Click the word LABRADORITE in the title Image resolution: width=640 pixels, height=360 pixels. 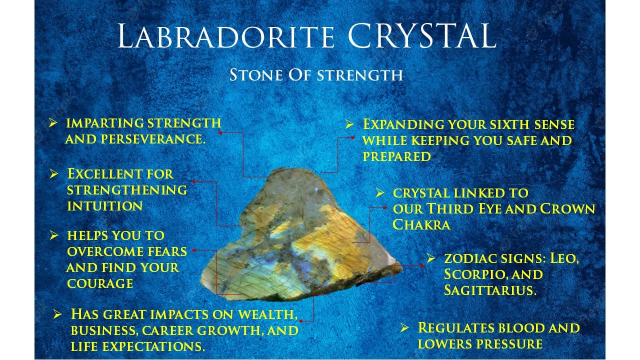[225, 36]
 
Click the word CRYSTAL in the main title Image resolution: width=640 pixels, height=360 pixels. [421, 35]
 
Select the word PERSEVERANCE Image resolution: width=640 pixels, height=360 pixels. [153, 139]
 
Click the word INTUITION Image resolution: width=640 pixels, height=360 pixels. [105, 206]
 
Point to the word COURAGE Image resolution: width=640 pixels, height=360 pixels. [100, 283]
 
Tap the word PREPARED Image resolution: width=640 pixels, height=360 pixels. [396, 156]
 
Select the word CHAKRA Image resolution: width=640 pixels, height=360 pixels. [421, 224]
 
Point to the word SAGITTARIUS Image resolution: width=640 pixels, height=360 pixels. [489, 290]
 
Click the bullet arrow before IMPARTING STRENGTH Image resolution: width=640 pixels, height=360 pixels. [53, 123]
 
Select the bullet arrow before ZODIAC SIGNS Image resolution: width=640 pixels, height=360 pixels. [431, 258]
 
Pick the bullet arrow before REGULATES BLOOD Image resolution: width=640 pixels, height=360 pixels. [404, 327]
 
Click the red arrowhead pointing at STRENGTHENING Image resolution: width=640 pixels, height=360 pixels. [194, 181]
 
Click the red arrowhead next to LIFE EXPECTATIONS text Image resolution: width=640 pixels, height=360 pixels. [301, 321]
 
